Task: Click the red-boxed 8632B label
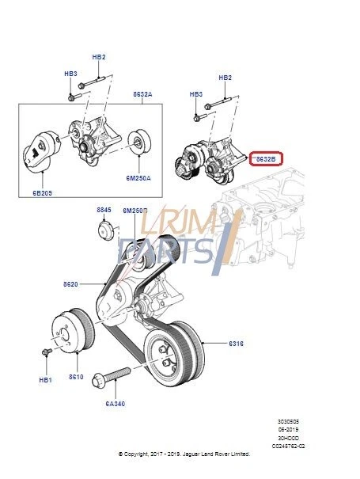tap(264, 159)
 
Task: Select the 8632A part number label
tap(142, 94)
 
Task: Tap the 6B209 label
tap(43, 192)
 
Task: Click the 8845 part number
tap(104, 210)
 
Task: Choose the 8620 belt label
tap(71, 283)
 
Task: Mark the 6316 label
tap(236, 344)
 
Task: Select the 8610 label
tap(76, 377)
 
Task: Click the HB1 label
tap(45, 380)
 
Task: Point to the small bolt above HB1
tap(47, 351)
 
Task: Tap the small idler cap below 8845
tap(103, 234)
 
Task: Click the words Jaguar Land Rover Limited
tap(214, 454)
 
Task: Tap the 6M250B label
tap(134, 210)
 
